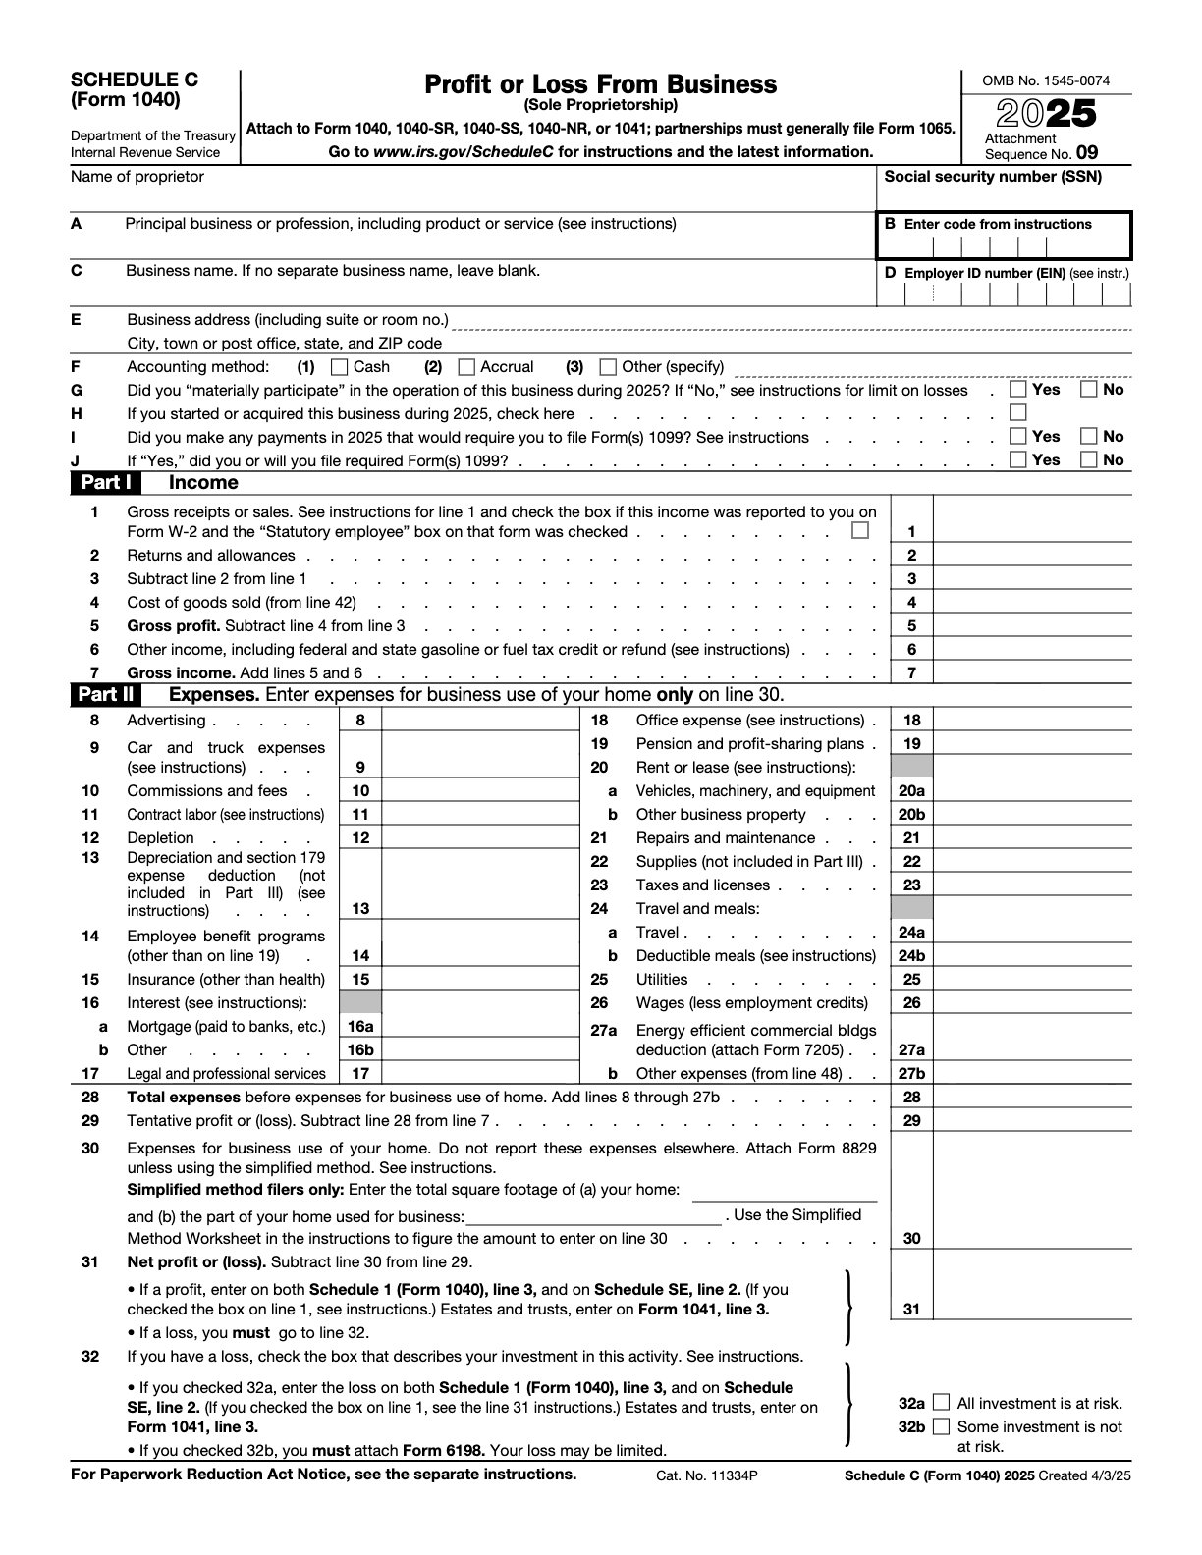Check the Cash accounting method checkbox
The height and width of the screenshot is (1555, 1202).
coord(340,367)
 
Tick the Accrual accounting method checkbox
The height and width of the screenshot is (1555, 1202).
coord(467,367)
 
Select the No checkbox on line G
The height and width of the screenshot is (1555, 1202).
coord(1089,389)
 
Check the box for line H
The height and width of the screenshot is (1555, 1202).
coord(1018,412)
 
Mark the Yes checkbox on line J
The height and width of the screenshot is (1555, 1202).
coord(1018,459)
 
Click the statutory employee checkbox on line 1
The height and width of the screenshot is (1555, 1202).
coord(860,531)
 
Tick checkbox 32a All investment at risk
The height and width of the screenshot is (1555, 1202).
coord(942,1403)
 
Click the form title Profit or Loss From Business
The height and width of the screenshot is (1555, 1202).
coord(600,84)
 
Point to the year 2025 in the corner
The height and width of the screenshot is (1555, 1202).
coord(1047,114)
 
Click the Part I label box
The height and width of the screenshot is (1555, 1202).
coord(105,482)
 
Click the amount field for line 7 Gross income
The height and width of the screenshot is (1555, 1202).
coord(1031,672)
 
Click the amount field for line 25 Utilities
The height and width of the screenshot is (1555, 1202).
coord(1031,980)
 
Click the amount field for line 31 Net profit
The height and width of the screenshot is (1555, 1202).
coord(1031,1309)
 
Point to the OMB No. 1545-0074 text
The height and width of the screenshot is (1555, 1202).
coord(1046,80)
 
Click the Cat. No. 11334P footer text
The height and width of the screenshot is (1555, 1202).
coord(707,1475)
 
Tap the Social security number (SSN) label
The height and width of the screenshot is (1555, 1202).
coord(993,177)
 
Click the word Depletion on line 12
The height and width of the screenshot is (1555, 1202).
coord(160,838)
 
